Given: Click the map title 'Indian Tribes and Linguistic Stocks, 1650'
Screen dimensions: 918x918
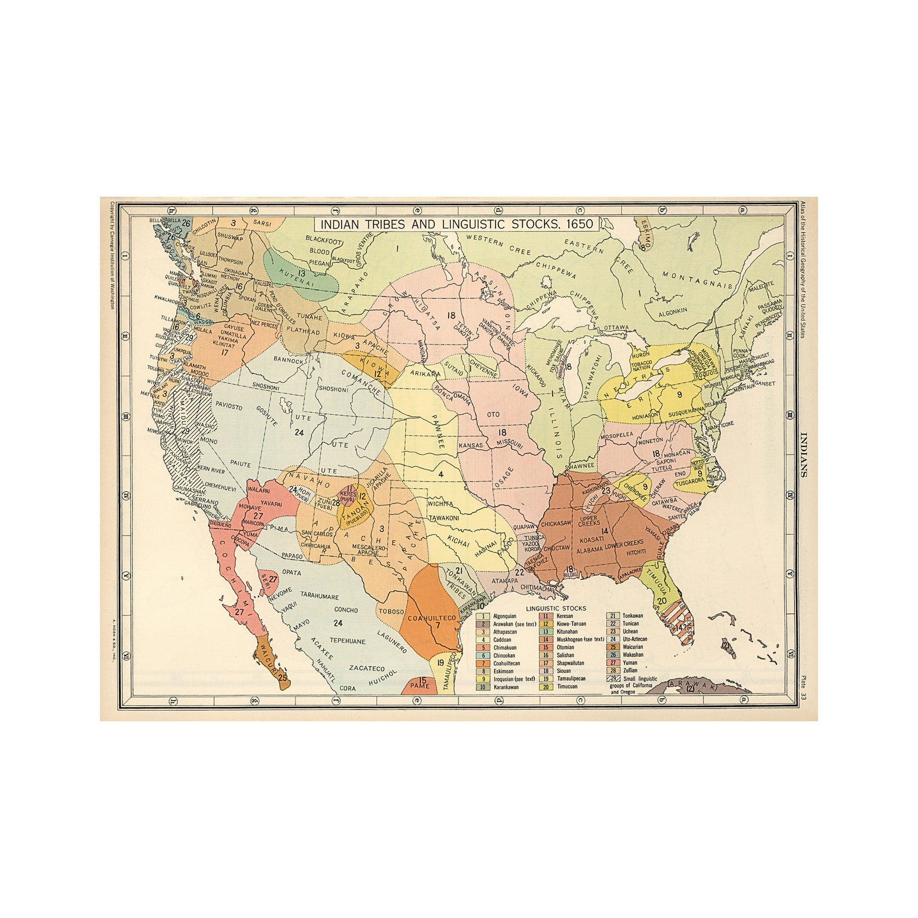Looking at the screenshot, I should click(x=457, y=224).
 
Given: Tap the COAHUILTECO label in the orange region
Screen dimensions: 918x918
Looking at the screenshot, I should click(x=432, y=618).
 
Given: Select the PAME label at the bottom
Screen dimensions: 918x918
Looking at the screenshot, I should click(x=420, y=686).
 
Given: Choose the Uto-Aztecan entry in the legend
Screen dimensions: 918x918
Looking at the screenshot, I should click(x=635, y=639).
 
